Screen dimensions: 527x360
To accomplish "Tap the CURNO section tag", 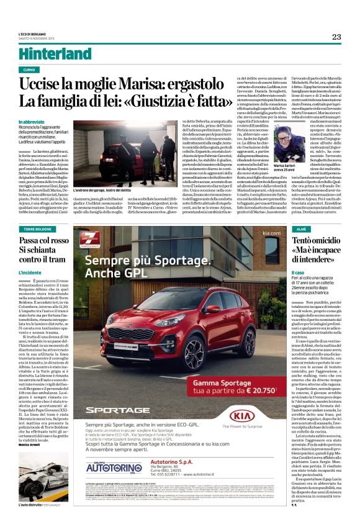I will point(29,70).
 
